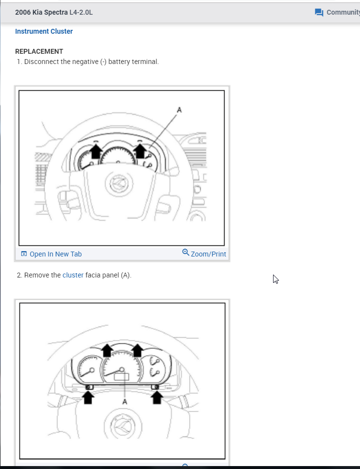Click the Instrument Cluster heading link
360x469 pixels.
tap(44, 31)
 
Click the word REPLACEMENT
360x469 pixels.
tap(39, 51)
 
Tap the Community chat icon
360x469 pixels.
tap(319, 12)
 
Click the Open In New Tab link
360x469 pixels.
tap(55, 254)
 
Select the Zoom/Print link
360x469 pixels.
tap(209, 254)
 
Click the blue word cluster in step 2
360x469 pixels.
tap(73, 275)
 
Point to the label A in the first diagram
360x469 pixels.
tap(179, 110)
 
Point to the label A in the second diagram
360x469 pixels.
tap(125, 401)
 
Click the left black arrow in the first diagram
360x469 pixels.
tap(96, 150)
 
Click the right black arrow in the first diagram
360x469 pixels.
tap(140, 149)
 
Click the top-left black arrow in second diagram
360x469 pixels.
tap(106, 350)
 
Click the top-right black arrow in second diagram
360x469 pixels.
tap(137, 350)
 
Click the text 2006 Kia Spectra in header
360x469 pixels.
tap(42, 12)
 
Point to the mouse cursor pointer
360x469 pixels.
tap(275, 279)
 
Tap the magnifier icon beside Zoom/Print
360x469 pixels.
tap(186, 253)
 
